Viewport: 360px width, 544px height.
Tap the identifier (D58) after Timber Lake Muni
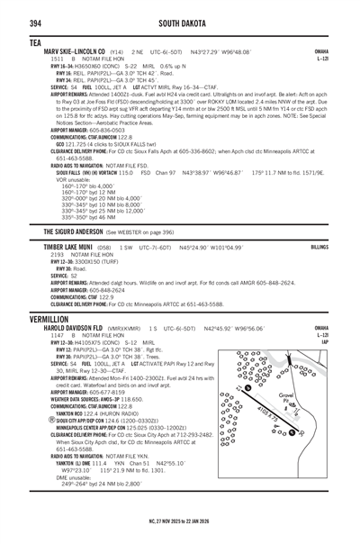tap(103, 245)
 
